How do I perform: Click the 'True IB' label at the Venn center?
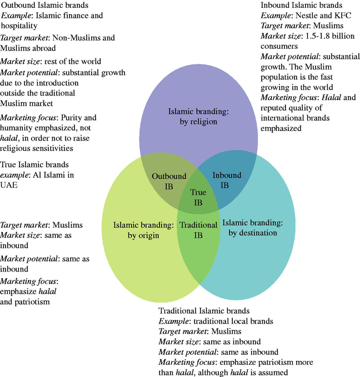coord(198,197)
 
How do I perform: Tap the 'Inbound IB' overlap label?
coord(227,180)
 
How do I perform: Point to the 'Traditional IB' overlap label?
coord(199,230)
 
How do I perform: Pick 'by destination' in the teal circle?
coord(253,233)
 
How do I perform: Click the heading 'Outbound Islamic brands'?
coord(44,6)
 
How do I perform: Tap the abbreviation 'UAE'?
coord(10,185)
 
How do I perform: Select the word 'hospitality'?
coord(22,26)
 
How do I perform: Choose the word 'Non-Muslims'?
coord(73,38)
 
